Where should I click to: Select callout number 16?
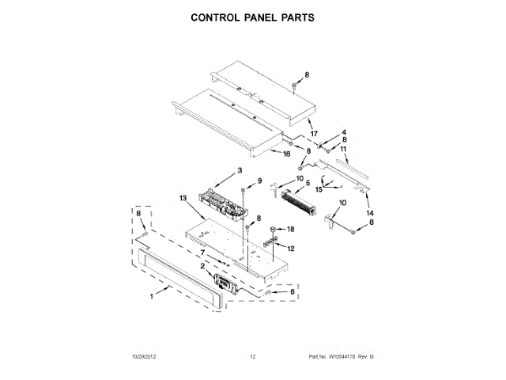click(x=286, y=155)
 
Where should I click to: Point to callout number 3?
click(x=239, y=171)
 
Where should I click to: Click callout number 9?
click(x=259, y=181)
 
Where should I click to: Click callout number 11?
click(x=343, y=149)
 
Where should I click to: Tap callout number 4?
click(x=343, y=131)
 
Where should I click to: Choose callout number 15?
click(x=319, y=189)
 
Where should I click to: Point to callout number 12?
click(x=290, y=249)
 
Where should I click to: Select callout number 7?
click(x=202, y=253)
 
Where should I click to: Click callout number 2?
click(x=202, y=267)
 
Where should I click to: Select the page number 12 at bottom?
click(x=253, y=357)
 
